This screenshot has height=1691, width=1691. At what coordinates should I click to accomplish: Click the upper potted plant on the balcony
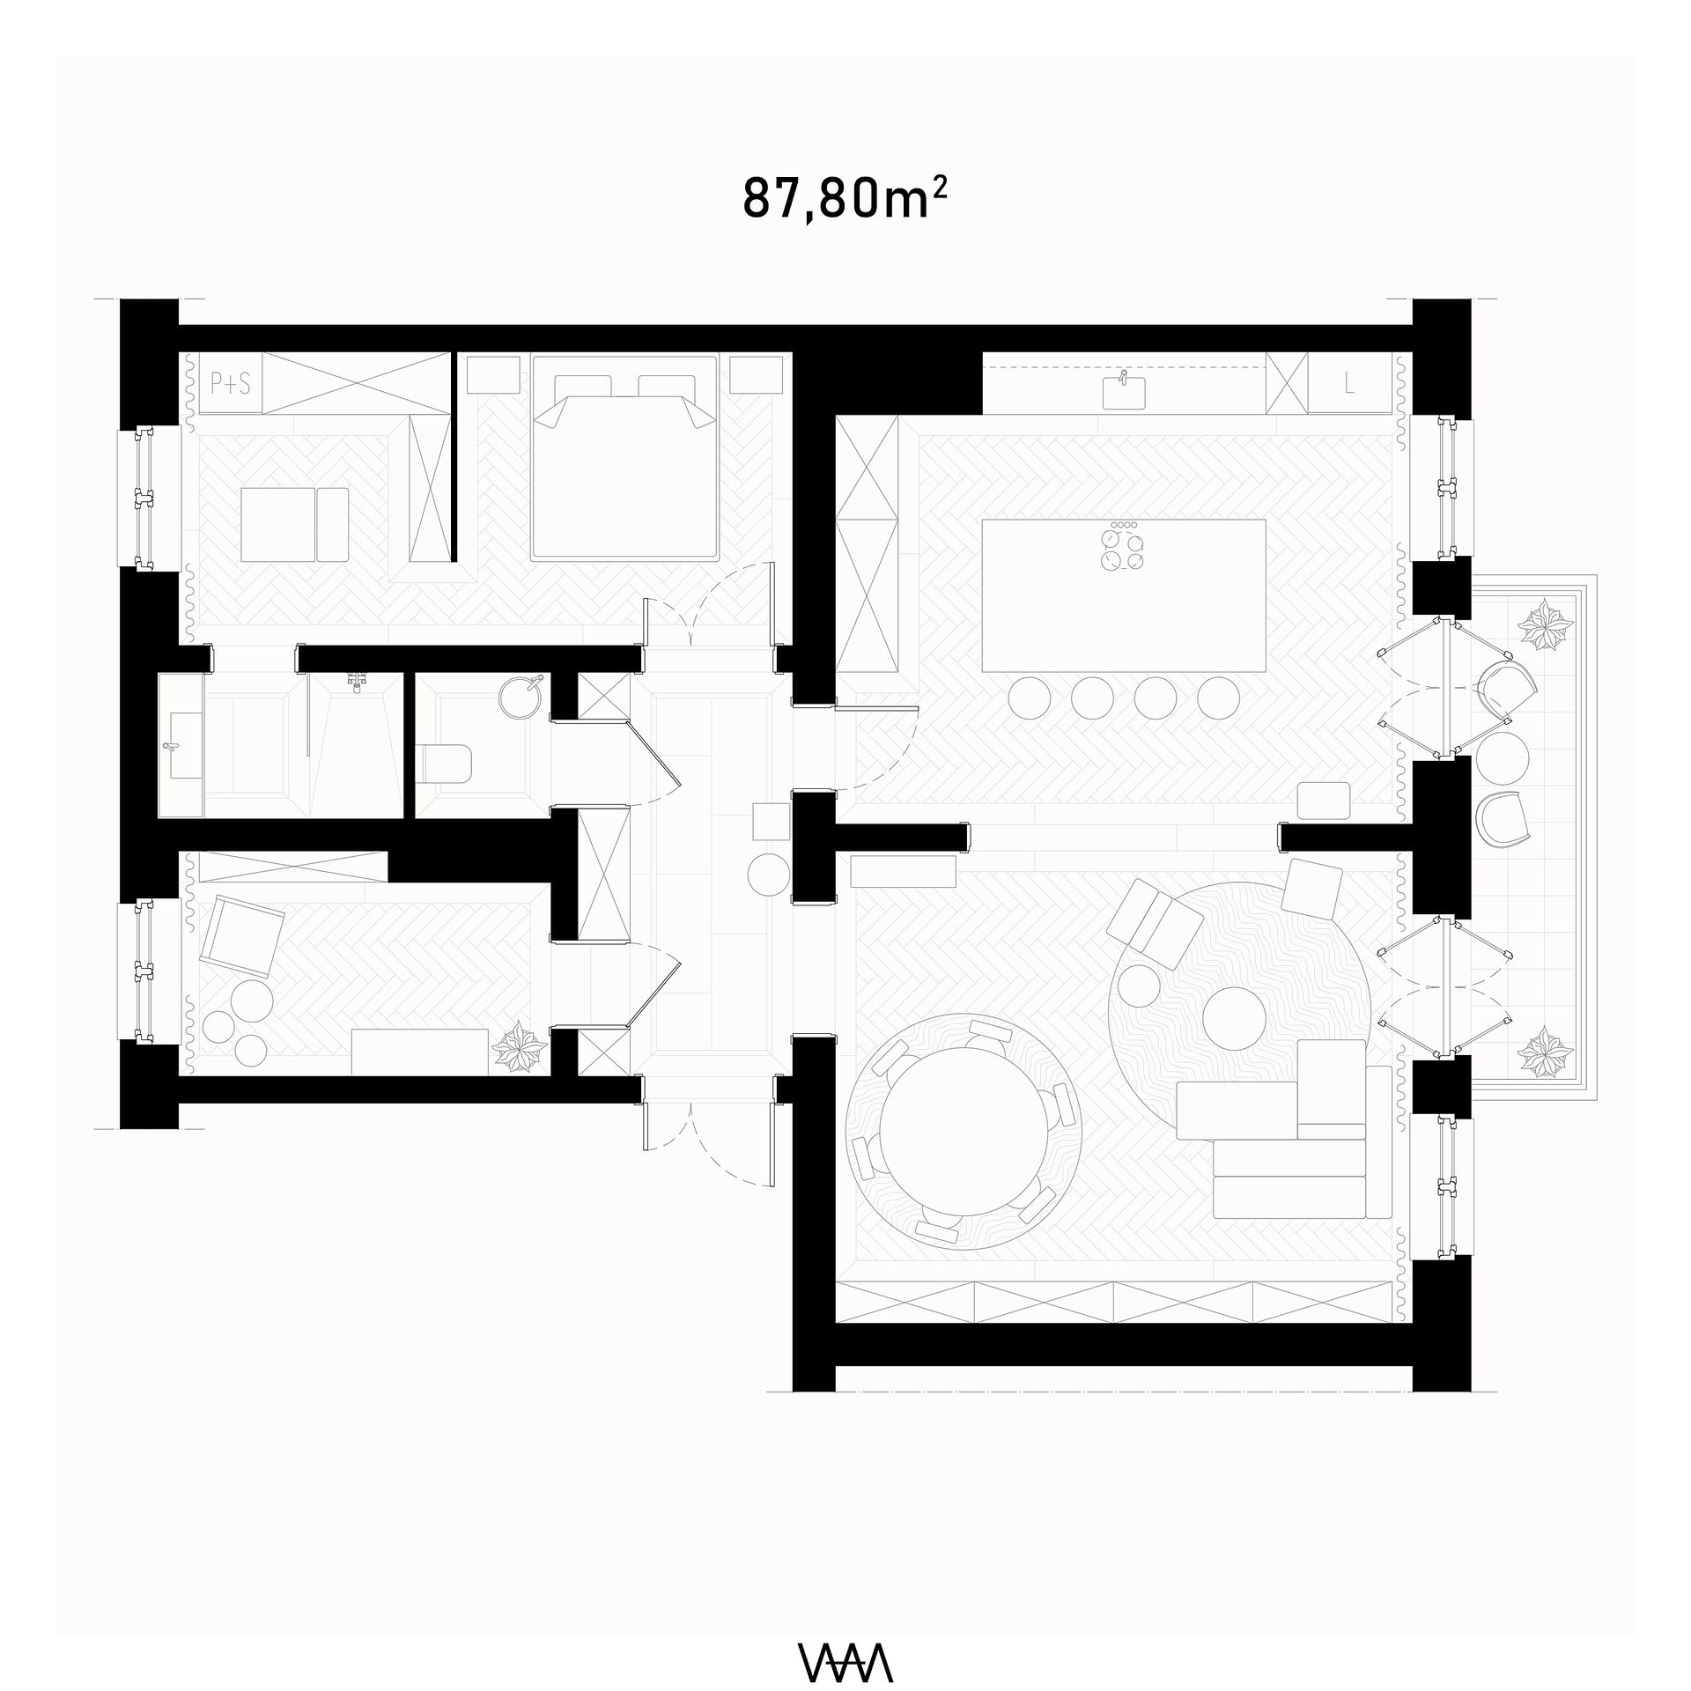(x=1545, y=624)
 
